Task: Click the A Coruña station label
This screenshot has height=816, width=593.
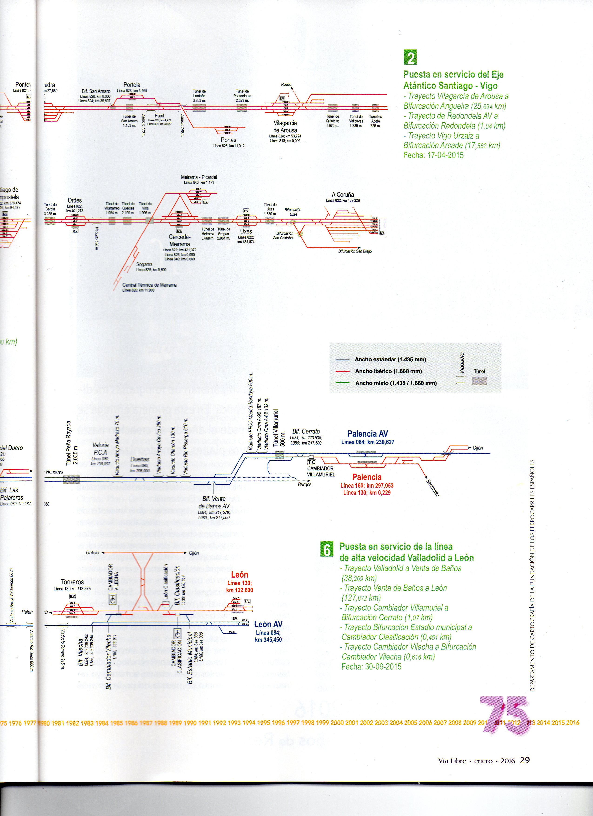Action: pyautogui.click(x=343, y=195)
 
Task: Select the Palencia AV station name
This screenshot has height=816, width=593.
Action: pyautogui.click(x=367, y=434)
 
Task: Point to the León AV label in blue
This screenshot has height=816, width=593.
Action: pyautogui.click(x=268, y=624)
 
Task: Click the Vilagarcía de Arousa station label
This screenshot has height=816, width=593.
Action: pyautogui.click(x=285, y=127)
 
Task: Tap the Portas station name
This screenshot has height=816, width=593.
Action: pyautogui.click(x=229, y=140)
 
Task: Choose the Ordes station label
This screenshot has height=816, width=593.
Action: pyautogui.click(x=74, y=200)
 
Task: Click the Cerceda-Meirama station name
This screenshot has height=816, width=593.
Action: pyautogui.click(x=179, y=241)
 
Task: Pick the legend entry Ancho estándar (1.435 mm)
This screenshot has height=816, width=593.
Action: pyautogui.click(x=390, y=360)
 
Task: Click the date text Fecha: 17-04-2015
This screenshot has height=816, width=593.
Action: pyautogui.click(x=433, y=155)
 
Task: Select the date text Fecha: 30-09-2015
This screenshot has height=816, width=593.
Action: pyautogui.click(x=371, y=667)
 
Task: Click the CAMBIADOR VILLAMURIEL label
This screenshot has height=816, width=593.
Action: pyautogui.click(x=321, y=472)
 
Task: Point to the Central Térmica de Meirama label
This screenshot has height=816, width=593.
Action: pyautogui.click(x=149, y=285)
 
